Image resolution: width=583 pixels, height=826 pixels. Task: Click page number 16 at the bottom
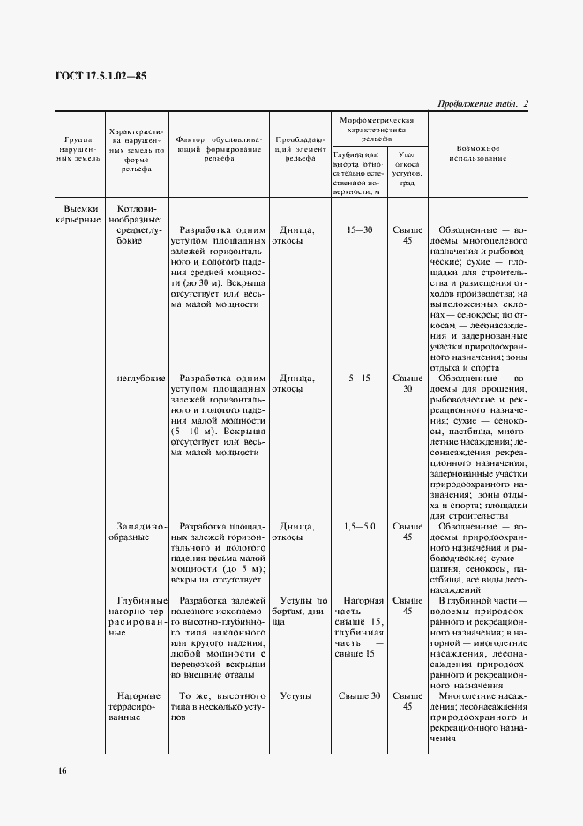pyautogui.click(x=62, y=770)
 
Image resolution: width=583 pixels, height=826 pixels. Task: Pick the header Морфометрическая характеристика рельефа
pyautogui.click(x=377, y=128)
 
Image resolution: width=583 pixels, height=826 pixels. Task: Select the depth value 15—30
pyautogui.click(x=360, y=229)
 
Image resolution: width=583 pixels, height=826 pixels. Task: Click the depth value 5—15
pyautogui.click(x=360, y=378)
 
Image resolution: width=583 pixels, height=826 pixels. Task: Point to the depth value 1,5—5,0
pyautogui.click(x=360, y=526)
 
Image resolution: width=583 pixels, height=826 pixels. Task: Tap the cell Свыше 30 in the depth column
pyautogui.click(x=360, y=696)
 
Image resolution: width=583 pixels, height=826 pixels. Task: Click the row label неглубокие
pyautogui.click(x=140, y=378)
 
